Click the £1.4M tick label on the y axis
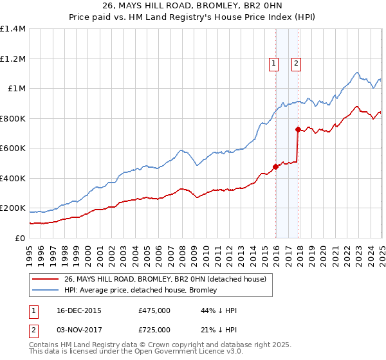tap(13, 29)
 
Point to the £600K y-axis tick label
tap(13, 148)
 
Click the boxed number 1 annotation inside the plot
tap(274, 63)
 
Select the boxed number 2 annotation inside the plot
tap(296, 63)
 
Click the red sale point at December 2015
tap(275, 167)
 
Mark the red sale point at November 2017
tap(298, 130)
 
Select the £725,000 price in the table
tap(154, 330)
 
